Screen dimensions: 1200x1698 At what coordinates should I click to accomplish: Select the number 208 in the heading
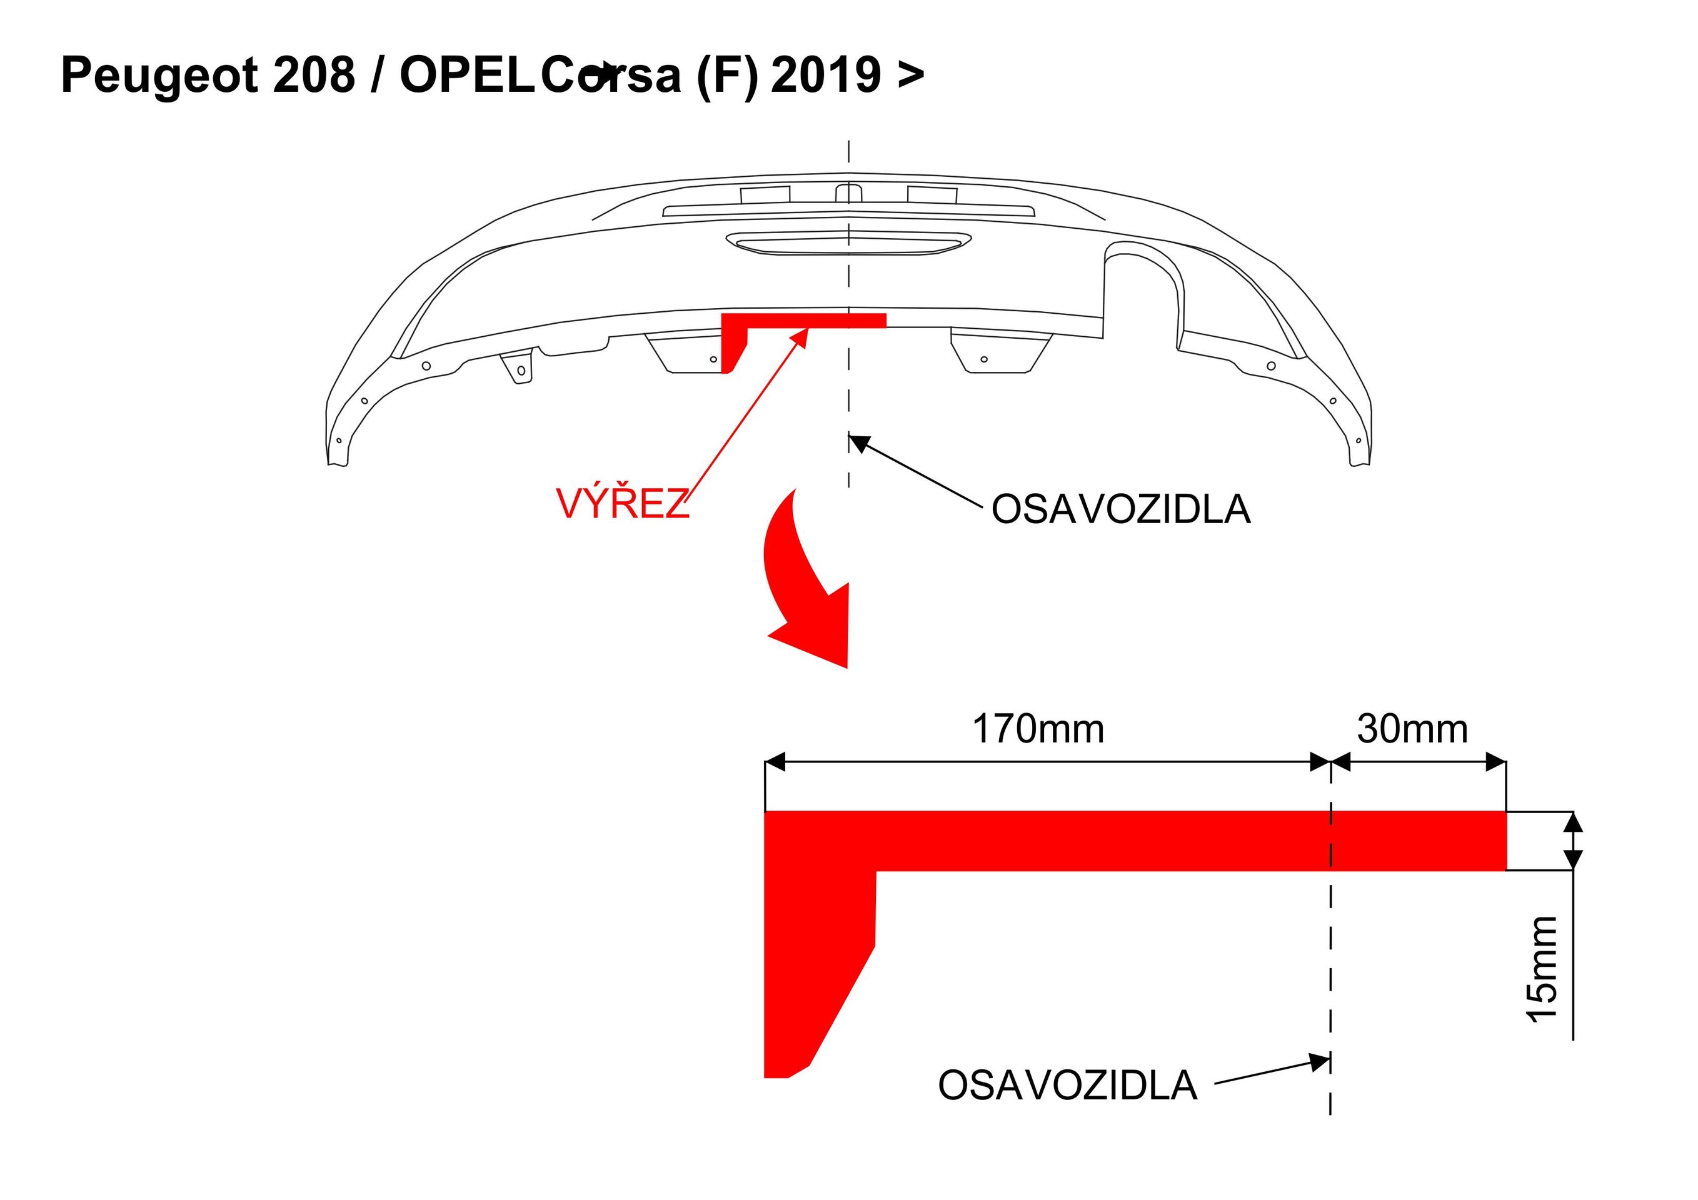click(x=314, y=76)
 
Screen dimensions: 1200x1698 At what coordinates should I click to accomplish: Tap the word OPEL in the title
click(x=466, y=76)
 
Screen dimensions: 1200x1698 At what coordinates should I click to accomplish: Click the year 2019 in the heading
click(x=826, y=76)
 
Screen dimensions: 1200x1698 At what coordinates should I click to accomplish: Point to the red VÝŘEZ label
click(x=622, y=504)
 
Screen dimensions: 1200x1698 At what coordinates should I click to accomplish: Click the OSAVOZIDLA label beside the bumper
click(x=1120, y=509)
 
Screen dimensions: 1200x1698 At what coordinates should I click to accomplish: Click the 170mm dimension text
click(x=1038, y=729)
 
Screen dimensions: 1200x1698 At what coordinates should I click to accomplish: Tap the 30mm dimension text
click(x=1412, y=729)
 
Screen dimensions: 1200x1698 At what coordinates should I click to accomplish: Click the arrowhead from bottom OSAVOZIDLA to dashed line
click(x=1319, y=1062)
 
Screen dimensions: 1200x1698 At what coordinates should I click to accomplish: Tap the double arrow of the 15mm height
click(x=1574, y=841)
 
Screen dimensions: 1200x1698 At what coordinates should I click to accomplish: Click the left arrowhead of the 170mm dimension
click(x=775, y=761)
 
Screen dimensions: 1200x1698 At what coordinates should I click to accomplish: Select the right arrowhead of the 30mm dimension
click(x=1496, y=761)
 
